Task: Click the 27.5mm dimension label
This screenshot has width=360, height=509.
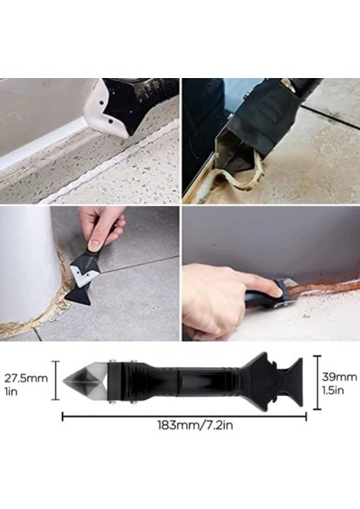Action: pyautogui.click(x=26, y=378)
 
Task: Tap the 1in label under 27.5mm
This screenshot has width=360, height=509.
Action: pyautogui.click(x=11, y=391)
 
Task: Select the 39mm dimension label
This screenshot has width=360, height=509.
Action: pyautogui.click(x=340, y=377)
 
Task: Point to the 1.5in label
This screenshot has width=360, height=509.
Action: pyautogui.click(x=333, y=389)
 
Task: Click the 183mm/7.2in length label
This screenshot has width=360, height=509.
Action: pyautogui.click(x=195, y=425)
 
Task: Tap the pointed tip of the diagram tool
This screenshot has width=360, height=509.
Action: pyautogui.click(x=63, y=379)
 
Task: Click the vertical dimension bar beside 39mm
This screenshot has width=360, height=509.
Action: pyautogui.click(x=317, y=383)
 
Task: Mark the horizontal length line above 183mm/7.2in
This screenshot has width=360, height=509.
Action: pyautogui.click(x=184, y=415)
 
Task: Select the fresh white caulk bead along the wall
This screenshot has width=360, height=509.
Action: pyautogui.click(x=42, y=143)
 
